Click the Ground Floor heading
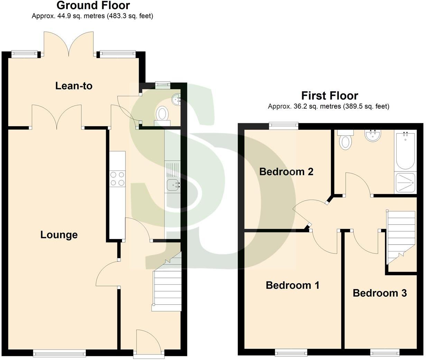click(x=93, y=6)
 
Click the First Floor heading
click(x=329, y=95)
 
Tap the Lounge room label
click(x=59, y=235)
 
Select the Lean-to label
click(x=74, y=86)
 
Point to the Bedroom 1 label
click(x=292, y=285)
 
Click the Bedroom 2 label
click(x=286, y=172)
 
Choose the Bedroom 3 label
click(x=379, y=293)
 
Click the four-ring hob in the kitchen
click(x=117, y=179)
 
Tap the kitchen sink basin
click(x=172, y=185)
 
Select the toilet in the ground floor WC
click(x=162, y=114)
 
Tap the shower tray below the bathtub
click(x=405, y=183)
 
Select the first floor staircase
click(x=401, y=235)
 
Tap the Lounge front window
click(x=59, y=353)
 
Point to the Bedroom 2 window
click(x=284, y=125)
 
